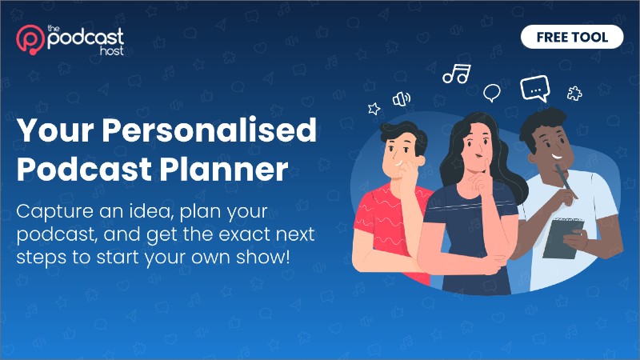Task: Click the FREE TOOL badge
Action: (x=572, y=37)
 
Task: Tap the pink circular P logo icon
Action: (x=30, y=39)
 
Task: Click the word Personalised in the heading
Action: (x=209, y=130)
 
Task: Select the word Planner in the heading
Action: (x=224, y=169)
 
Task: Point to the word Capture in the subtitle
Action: (x=55, y=212)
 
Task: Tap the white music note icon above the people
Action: (x=457, y=74)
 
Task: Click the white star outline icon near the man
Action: (x=374, y=109)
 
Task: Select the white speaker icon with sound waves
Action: (x=402, y=98)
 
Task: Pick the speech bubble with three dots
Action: (x=535, y=88)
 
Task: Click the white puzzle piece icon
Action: (x=574, y=94)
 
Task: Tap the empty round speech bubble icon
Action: (x=492, y=93)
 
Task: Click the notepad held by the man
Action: (x=563, y=238)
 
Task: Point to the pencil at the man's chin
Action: (x=565, y=179)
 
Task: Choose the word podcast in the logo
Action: (x=86, y=38)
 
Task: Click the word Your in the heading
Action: (x=55, y=130)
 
